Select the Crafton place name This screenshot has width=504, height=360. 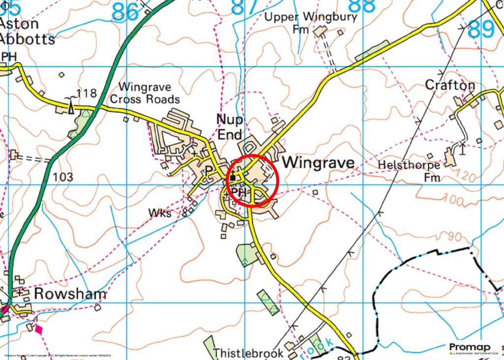tap(450, 86)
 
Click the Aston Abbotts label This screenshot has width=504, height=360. tap(27, 31)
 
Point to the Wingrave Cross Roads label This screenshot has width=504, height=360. tap(145, 93)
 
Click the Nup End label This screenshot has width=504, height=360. tap(230, 127)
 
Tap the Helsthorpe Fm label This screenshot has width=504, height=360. tap(409, 170)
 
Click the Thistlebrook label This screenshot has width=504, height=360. tap(249, 353)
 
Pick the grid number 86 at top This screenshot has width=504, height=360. tap(125, 12)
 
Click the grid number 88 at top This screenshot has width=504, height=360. tap(361, 7)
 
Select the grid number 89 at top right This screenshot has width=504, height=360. tap(481, 30)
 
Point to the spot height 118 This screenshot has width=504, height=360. tap(87, 93)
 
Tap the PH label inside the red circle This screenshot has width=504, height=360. tap(238, 191)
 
